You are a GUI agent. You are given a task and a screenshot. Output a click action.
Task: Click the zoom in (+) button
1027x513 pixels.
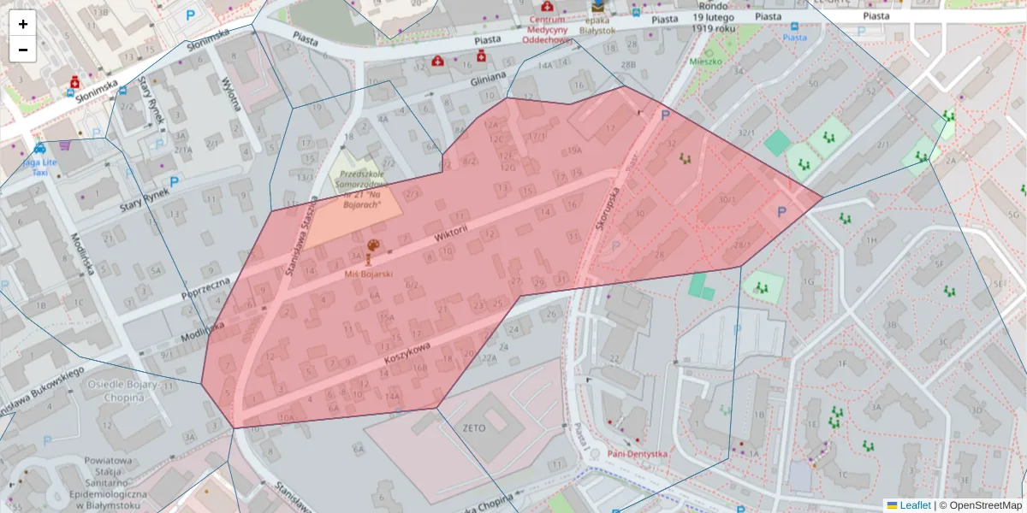[x=23, y=24]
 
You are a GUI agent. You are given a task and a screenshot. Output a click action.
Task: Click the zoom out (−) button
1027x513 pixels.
[x=23, y=50]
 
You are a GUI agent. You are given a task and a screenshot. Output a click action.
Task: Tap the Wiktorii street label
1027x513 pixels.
[x=451, y=238]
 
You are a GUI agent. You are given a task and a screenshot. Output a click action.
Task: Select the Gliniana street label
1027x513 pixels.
[x=489, y=80]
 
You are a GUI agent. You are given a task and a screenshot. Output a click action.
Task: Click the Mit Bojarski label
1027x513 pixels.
[x=369, y=274]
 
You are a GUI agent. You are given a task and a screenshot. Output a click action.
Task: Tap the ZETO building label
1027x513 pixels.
[x=473, y=427]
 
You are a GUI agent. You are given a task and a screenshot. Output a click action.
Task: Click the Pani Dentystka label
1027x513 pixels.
[x=637, y=454]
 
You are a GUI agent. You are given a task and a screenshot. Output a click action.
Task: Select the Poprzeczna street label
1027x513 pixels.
[x=205, y=288]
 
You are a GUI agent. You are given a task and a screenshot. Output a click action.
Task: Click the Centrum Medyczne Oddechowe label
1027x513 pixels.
[x=547, y=29]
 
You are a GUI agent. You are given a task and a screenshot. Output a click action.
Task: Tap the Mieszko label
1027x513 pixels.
[x=706, y=62]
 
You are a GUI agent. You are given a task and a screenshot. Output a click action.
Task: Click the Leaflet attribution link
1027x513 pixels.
[x=914, y=505]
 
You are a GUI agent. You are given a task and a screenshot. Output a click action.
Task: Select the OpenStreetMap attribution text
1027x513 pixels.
[x=980, y=505]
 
